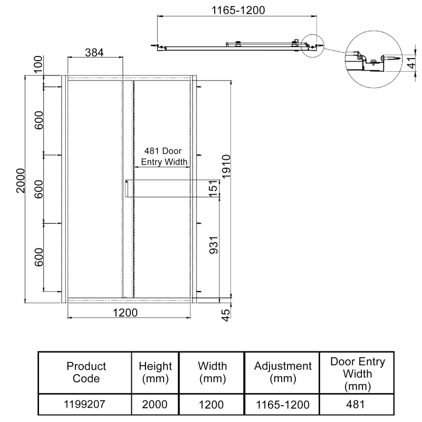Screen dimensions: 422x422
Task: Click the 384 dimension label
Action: (94, 52)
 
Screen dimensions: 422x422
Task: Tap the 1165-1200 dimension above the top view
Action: (238, 10)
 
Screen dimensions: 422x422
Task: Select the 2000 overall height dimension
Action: (21, 180)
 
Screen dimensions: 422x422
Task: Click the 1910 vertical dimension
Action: (226, 166)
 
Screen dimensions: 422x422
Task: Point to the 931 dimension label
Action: (214, 245)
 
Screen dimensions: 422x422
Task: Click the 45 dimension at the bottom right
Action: (226, 315)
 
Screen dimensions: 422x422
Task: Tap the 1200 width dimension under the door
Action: (125, 313)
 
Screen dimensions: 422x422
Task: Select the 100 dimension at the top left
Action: (39, 64)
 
